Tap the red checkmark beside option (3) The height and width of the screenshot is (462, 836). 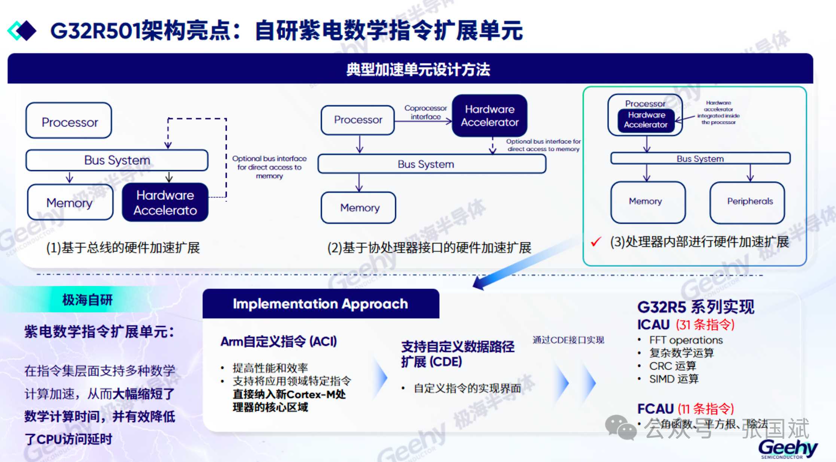[x=596, y=242]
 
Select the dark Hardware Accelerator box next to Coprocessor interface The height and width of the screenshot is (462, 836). [x=489, y=116]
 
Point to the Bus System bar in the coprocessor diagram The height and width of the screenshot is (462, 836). [x=431, y=164]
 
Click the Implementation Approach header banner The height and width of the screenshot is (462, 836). [x=321, y=304]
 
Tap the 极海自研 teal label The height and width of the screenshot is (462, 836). [x=87, y=300]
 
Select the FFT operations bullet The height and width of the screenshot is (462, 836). [x=686, y=340]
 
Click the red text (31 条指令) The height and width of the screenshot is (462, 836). [x=705, y=324]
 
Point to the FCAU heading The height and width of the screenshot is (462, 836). [x=655, y=408]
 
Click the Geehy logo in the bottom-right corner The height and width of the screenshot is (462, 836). [x=788, y=448]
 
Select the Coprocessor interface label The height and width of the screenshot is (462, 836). [x=425, y=112]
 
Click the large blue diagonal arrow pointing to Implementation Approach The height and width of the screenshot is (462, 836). [x=524, y=264]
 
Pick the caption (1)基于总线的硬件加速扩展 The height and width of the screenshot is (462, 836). [x=123, y=247]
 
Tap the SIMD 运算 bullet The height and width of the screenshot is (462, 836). [x=674, y=379]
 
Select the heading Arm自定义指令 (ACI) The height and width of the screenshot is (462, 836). [x=278, y=341]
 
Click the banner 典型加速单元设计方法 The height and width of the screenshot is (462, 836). [x=418, y=69]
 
